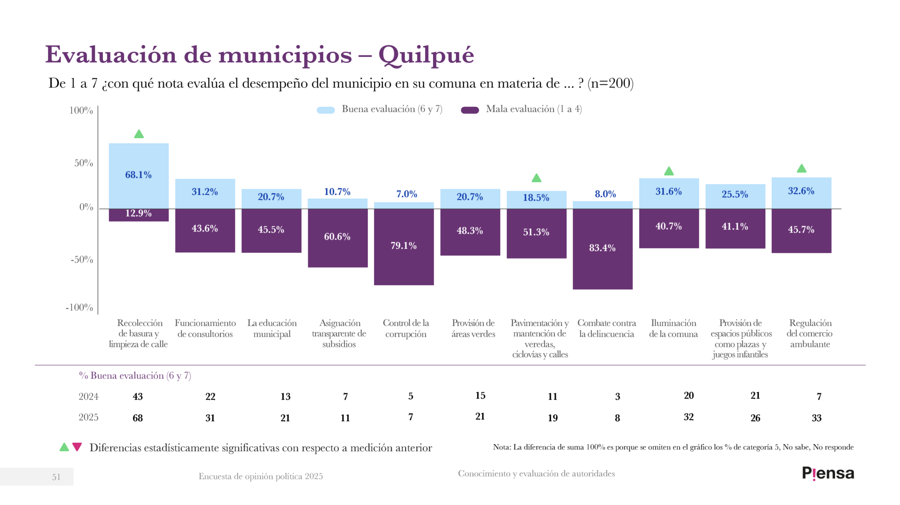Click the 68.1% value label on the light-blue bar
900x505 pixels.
tap(138, 175)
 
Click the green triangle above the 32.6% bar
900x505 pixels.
tap(801, 168)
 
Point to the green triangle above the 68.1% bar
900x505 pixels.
tap(139, 134)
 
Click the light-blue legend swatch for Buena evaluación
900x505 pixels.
tap(326, 110)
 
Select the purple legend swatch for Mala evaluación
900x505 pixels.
tap(470, 110)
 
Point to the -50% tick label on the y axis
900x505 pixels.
tap(82, 259)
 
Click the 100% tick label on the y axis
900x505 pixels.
tap(81, 110)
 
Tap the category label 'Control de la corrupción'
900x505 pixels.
tap(406, 328)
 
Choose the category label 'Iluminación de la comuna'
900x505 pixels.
tap(673, 328)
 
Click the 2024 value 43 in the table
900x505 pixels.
tap(138, 396)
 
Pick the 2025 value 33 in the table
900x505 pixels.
tap(816, 418)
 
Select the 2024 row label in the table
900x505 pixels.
tap(89, 396)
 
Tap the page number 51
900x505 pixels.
tap(56, 477)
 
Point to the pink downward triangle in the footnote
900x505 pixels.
tap(77, 447)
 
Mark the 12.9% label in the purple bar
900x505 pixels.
tap(138, 213)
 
